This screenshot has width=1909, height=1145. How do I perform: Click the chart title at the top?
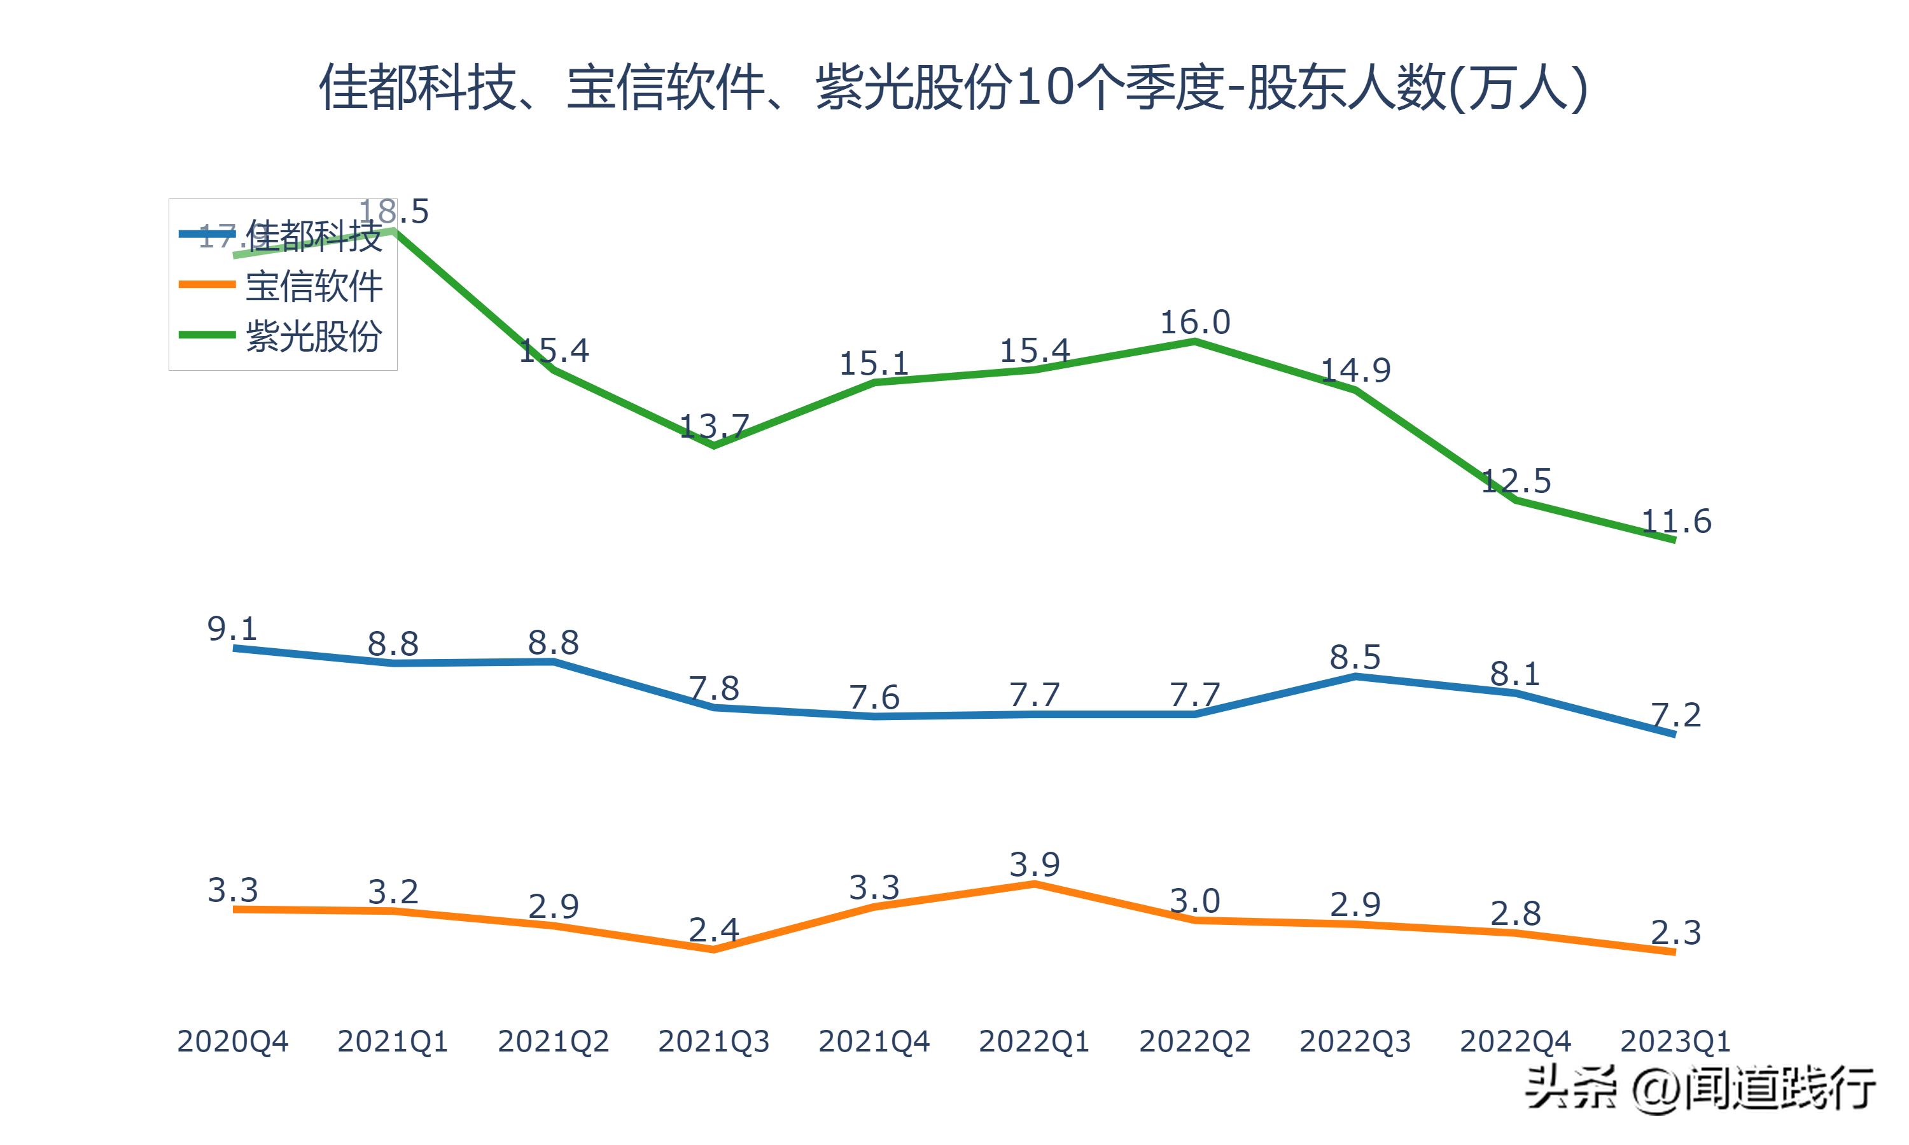pyautogui.click(x=954, y=87)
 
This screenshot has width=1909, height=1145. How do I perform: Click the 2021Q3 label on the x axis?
pyautogui.click(x=714, y=1041)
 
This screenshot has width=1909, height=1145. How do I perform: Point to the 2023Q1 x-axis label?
pyautogui.click(x=1675, y=1041)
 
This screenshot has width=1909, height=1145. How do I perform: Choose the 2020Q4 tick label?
pyautogui.click(x=232, y=1041)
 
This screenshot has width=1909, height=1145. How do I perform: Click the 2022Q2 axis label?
pyautogui.click(x=1194, y=1041)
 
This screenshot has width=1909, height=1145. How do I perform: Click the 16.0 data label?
pyautogui.click(x=1194, y=323)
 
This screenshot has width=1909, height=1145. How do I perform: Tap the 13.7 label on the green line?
pyautogui.click(x=714, y=426)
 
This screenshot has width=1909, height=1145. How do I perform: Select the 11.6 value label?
pyautogui.click(x=1675, y=522)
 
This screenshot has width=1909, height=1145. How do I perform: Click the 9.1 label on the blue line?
pyautogui.click(x=232, y=630)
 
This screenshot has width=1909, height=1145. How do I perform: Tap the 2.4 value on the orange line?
pyautogui.click(x=714, y=931)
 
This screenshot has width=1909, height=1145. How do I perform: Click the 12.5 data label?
pyautogui.click(x=1516, y=482)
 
